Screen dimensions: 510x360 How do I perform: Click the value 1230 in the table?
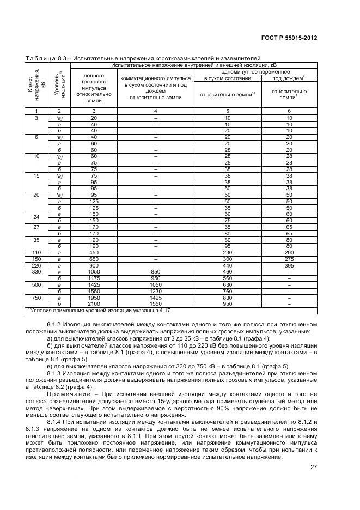point(155,292)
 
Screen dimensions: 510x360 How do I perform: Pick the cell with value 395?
point(289,265)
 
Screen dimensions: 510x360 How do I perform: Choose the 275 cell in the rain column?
point(289,260)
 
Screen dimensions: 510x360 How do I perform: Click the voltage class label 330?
point(36,271)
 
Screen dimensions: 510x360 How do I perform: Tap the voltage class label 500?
point(36,284)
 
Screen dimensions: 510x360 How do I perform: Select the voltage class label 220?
point(36,265)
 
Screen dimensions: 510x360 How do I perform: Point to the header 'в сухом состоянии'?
point(227,78)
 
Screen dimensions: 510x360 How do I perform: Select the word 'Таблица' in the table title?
point(39,59)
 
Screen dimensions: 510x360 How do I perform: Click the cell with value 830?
point(227,297)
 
